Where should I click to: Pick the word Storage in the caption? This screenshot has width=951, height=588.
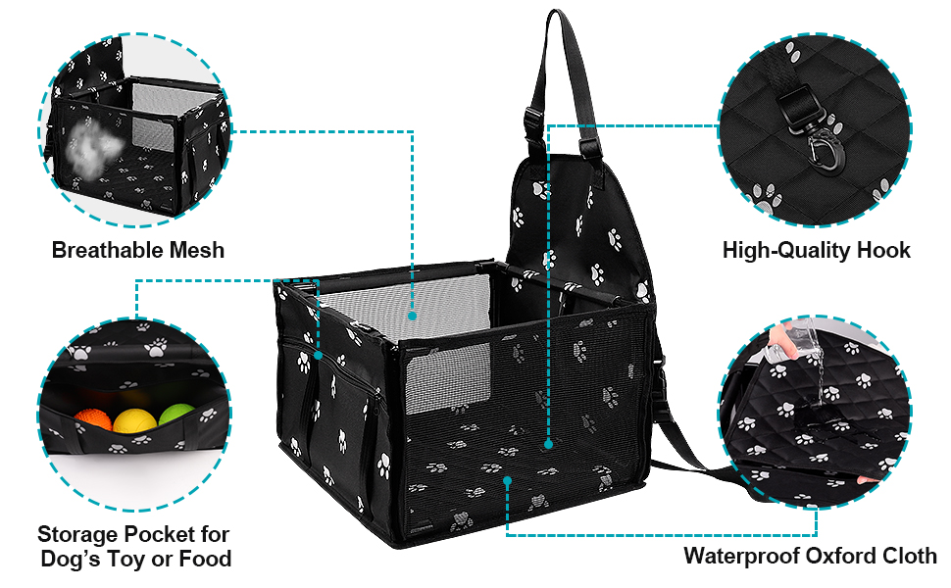point(77,535)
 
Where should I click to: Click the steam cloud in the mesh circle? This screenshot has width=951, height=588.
point(86,153)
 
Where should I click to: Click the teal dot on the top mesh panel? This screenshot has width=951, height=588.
point(413,316)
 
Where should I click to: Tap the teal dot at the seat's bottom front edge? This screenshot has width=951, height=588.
point(507,480)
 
